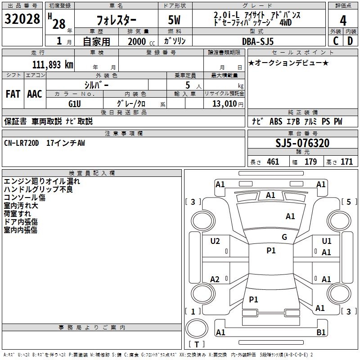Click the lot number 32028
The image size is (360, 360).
[22, 20]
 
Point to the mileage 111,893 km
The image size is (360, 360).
[52, 64]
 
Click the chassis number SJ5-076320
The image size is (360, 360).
[302, 143]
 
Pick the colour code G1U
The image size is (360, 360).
[75, 103]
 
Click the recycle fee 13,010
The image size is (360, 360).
[224, 103]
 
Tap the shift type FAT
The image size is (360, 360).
[13, 94]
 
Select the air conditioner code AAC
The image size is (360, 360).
[35, 94]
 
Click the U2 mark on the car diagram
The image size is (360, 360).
[215, 241]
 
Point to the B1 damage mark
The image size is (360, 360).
[321, 333]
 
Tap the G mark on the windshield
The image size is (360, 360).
[284, 237]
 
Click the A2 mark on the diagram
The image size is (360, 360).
[215, 279]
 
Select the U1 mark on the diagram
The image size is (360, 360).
[327, 241]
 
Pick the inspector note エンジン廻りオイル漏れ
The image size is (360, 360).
[42, 181]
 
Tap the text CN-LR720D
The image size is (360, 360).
[22, 143]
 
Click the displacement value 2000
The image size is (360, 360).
[137, 41]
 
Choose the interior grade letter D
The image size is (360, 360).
[350, 41]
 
